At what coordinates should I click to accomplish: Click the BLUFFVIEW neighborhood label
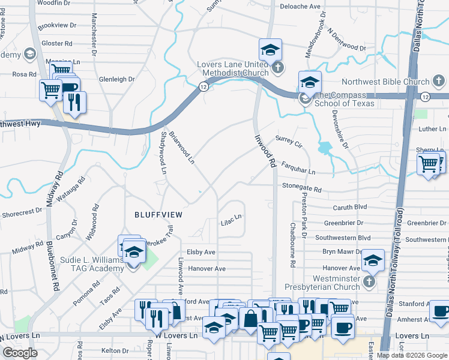[x=158, y=214]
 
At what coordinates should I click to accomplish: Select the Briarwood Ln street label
[x=181, y=148]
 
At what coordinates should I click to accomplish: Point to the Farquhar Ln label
[x=298, y=167]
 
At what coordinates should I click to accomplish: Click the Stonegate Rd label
[x=302, y=188]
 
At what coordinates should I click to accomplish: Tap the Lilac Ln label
[x=232, y=217]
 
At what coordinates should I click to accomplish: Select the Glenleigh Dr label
[x=116, y=79]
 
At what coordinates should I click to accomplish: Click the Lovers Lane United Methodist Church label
[x=234, y=68]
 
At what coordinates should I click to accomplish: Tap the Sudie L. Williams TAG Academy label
[x=92, y=265]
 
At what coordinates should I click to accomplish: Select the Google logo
[x=20, y=353]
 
